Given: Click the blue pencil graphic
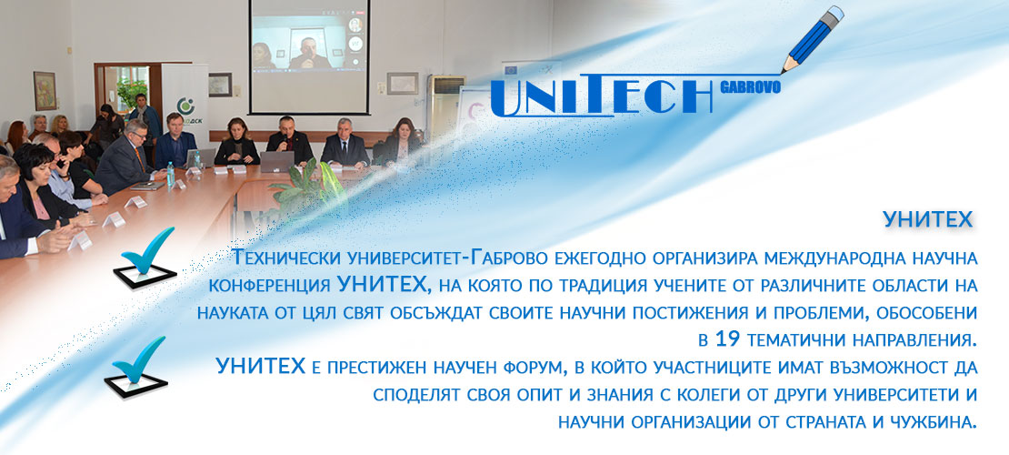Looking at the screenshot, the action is pos(813,38).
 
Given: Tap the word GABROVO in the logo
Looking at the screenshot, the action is pos(750,87).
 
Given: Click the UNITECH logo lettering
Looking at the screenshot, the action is pos(604,96).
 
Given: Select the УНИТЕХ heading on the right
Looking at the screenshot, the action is pos(927,220).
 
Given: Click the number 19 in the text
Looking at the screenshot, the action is pos(728,338).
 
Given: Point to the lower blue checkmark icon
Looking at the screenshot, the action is pos(136,368).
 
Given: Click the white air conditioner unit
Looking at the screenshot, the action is pos(445,106).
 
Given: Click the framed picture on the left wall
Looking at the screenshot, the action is pos(45,90).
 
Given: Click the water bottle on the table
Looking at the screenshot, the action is pos(171,174).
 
